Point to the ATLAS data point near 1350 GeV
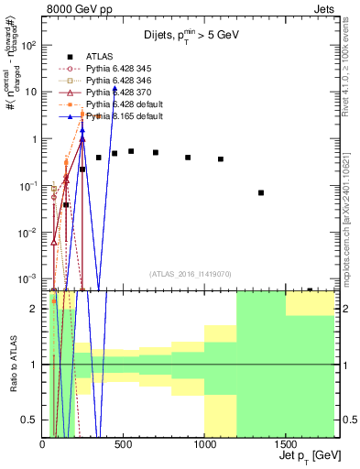261,192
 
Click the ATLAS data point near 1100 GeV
221,159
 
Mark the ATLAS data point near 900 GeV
188,158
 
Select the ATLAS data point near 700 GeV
156,153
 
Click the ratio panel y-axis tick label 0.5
30,420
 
